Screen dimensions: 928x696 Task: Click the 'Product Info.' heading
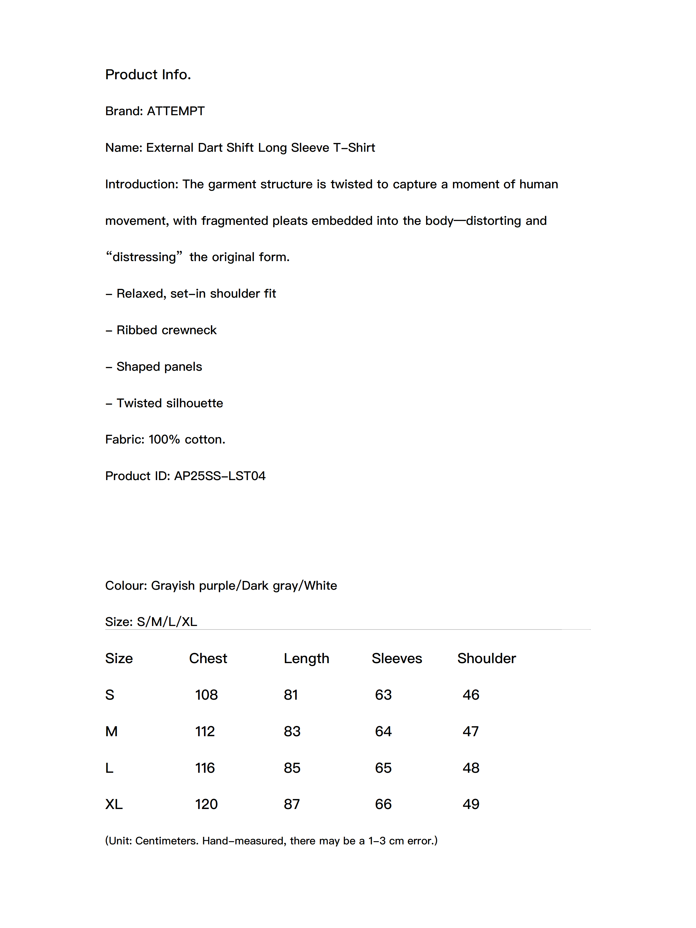coord(148,75)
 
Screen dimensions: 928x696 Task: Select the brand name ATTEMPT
coord(175,111)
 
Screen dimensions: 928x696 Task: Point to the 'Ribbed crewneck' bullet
coord(166,330)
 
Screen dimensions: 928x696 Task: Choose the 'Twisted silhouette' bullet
coord(170,403)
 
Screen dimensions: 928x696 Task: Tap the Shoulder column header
coord(486,658)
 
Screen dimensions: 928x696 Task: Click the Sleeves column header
coord(396,658)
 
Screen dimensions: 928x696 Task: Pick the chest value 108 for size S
coord(206,695)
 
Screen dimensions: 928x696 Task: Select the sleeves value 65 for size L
coord(383,768)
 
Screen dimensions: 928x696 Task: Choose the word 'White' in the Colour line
coord(320,585)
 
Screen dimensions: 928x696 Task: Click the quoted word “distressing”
coord(144,257)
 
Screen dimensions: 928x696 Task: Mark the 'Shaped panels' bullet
coord(159,367)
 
